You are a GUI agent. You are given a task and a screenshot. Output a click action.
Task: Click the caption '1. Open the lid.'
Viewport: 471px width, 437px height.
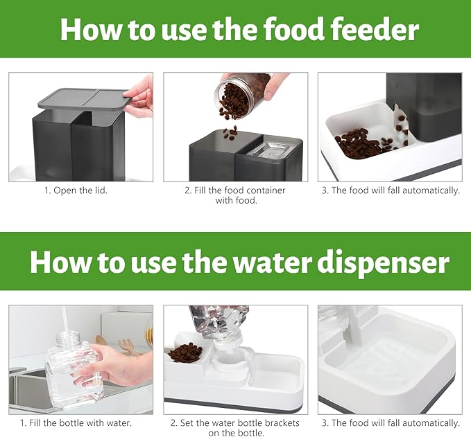point(80,190)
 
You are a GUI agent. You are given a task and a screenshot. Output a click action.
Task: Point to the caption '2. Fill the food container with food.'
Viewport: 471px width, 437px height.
point(235,195)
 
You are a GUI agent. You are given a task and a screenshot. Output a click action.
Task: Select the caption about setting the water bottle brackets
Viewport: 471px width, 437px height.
point(235,427)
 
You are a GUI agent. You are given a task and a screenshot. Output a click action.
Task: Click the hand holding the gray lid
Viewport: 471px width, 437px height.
point(142,94)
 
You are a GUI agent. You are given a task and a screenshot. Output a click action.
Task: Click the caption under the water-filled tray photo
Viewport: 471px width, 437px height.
point(391,422)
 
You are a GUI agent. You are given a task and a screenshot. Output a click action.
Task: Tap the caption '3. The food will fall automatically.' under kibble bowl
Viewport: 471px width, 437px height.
point(391,190)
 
